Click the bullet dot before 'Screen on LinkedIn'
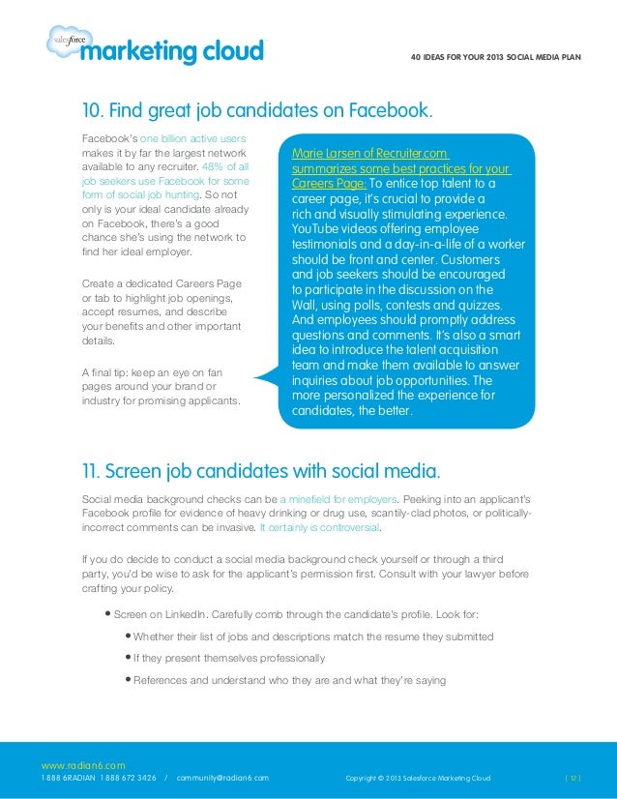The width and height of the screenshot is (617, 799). coord(107,614)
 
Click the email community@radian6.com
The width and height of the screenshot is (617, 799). coord(222,778)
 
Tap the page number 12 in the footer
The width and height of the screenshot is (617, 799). coord(573,778)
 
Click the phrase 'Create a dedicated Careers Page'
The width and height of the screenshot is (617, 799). coord(162,283)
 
